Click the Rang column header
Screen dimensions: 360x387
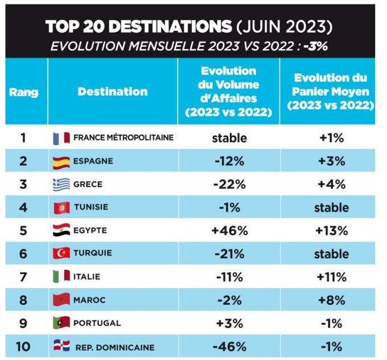pos(23,92)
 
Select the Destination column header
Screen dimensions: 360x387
pos(113,92)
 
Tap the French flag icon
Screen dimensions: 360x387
pos(61,138)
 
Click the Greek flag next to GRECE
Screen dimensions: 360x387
pos(61,184)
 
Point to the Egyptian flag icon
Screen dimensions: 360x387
pos(61,231)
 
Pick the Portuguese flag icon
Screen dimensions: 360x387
pos(61,323)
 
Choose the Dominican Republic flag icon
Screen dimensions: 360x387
pos(61,346)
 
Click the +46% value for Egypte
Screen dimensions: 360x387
pos(229,231)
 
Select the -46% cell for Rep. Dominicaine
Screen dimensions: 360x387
pos(229,346)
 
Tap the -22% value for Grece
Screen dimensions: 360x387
pos(229,184)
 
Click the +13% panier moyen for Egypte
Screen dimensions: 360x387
pos(331,231)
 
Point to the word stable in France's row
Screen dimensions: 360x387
pos(229,138)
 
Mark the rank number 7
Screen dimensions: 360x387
pos(23,277)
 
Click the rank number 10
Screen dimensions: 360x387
pos(23,346)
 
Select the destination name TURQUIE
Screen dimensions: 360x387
pos(93,253)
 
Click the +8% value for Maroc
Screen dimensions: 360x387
pos(331,300)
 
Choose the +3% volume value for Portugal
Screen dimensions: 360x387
pos(229,323)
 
